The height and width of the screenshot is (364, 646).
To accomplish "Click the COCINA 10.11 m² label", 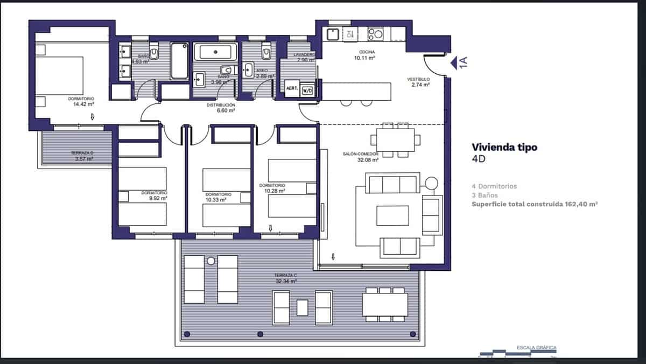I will [x=364, y=55].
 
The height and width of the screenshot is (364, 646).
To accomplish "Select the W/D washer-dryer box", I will [x=307, y=90].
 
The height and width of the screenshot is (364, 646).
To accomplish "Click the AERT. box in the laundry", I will [x=291, y=89].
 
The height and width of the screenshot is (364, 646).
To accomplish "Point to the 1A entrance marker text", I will [x=462, y=63].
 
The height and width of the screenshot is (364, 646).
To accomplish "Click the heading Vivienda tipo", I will [x=504, y=147].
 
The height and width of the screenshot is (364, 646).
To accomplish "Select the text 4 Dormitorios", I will [x=494, y=186].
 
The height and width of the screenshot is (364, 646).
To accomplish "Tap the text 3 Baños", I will [x=484, y=195].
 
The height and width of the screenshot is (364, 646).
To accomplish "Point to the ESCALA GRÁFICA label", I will [x=536, y=348].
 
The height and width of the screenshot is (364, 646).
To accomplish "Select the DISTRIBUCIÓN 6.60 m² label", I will [x=221, y=108].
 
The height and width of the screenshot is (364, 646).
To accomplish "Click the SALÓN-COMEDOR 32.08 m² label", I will [x=360, y=157].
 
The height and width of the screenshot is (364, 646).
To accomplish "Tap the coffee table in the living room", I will [x=392, y=215].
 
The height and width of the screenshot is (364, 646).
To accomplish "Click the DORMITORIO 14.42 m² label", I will [x=81, y=102].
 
